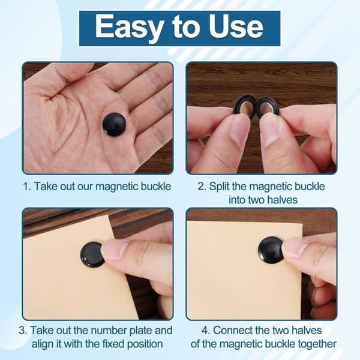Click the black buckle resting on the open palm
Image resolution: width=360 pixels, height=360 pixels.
click(x=114, y=124)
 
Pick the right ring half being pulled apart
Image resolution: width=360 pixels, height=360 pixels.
click(x=268, y=107)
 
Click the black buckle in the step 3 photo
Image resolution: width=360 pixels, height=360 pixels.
click(x=92, y=254)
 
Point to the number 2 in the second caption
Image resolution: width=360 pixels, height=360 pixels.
click(x=202, y=186)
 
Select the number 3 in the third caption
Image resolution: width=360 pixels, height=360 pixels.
click(x=23, y=331)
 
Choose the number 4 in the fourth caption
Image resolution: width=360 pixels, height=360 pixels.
click(x=206, y=331)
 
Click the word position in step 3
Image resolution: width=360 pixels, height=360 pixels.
click(x=145, y=344)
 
